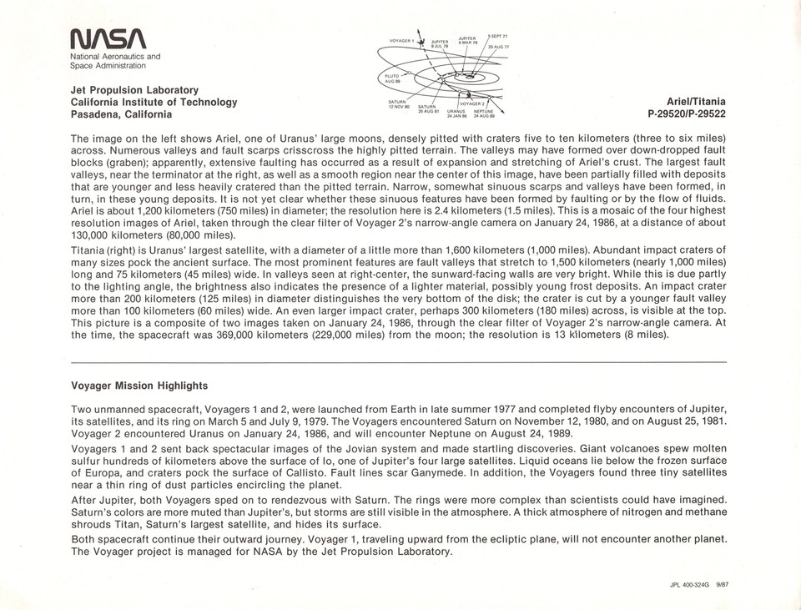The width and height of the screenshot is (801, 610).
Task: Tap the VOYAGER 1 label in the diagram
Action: [x=402, y=40]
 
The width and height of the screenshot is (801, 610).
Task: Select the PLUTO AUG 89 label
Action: [x=392, y=78]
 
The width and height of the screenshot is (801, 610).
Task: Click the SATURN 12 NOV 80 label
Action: [x=397, y=105]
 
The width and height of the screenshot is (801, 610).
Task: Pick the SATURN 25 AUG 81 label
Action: [x=426, y=108]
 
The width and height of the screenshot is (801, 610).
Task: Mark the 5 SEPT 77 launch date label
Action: [x=497, y=36]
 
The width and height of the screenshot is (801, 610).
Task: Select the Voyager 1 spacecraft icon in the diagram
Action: [x=421, y=41]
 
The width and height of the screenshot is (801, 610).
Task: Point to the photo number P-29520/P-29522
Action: [x=687, y=114]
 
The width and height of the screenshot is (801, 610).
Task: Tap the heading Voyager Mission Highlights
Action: [x=139, y=386]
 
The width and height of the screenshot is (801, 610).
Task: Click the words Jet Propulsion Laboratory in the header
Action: [x=134, y=90]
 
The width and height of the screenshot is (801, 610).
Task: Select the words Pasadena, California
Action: [x=121, y=114]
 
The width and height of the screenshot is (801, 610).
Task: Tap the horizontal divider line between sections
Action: [x=399, y=361]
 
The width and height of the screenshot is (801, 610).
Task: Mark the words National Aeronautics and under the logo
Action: [x=115, y=57]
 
